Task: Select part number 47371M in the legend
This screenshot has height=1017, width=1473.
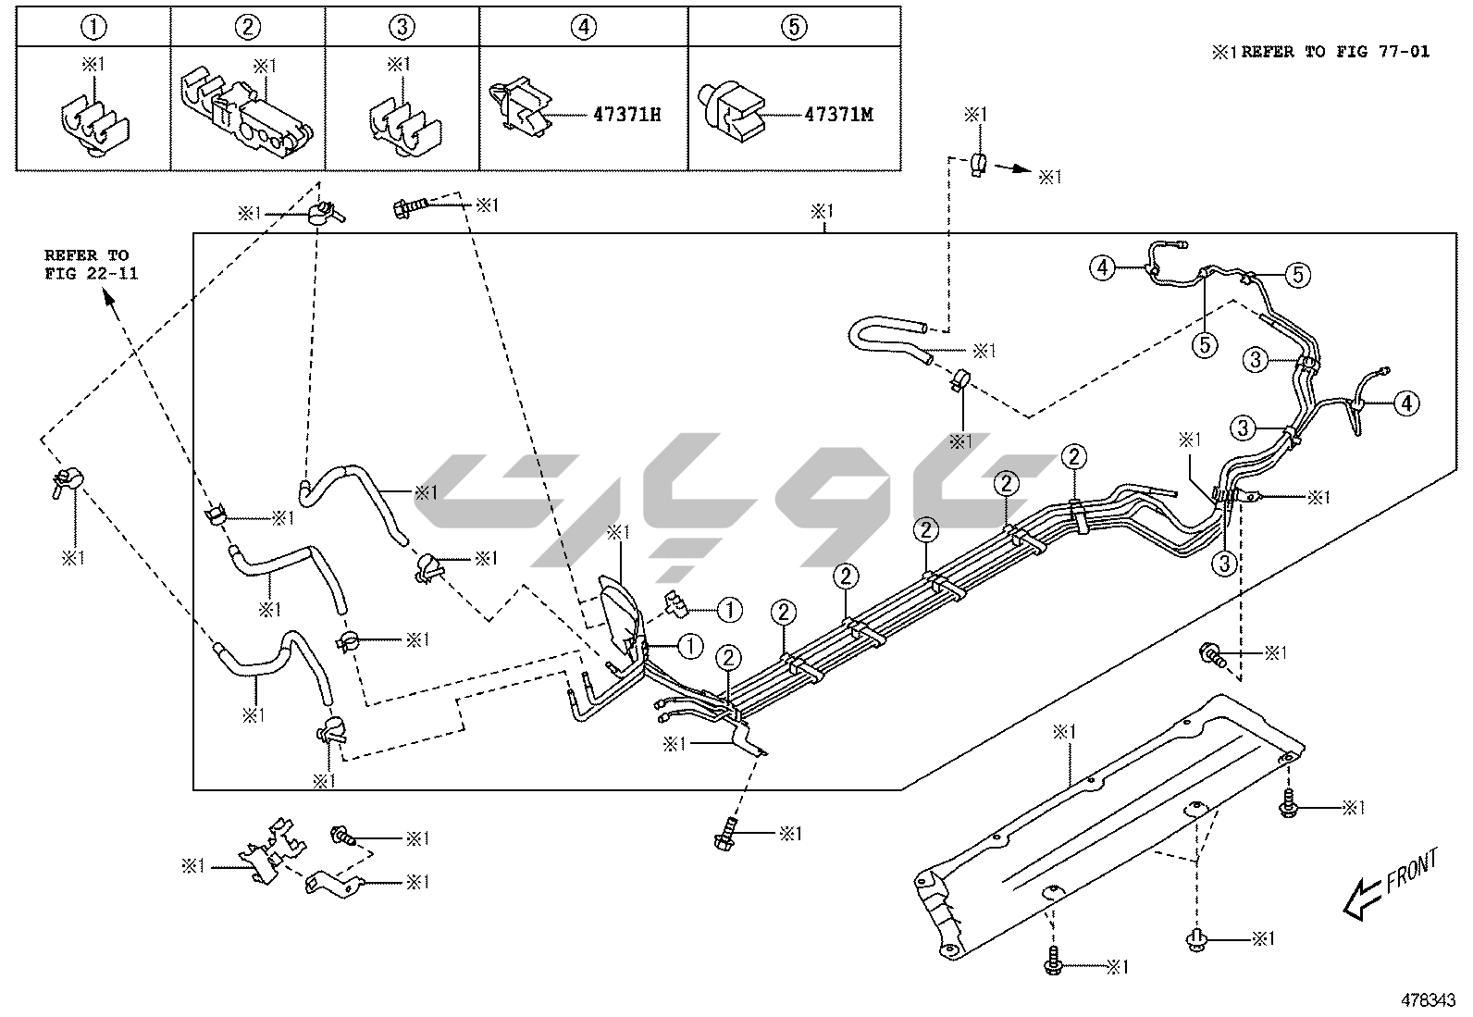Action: click(838, 115)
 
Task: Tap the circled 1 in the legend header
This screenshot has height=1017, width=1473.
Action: click(93, 27)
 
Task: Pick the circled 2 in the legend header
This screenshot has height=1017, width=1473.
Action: click(247, 27)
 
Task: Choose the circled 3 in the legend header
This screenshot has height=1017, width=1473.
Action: click(402, 27)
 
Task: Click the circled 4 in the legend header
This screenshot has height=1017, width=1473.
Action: click(583, 27)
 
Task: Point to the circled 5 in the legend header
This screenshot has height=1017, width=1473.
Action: click(794, 27)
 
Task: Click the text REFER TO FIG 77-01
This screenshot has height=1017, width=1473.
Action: click(1334, 52)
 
